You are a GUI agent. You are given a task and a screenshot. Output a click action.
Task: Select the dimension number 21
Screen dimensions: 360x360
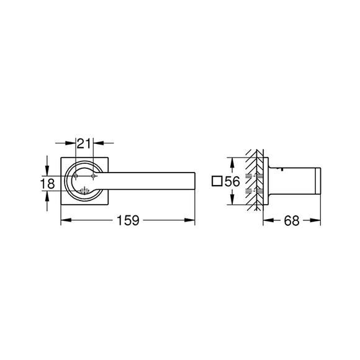[84, 144]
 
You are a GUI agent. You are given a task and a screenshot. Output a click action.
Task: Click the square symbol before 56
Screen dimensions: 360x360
[217, 181]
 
